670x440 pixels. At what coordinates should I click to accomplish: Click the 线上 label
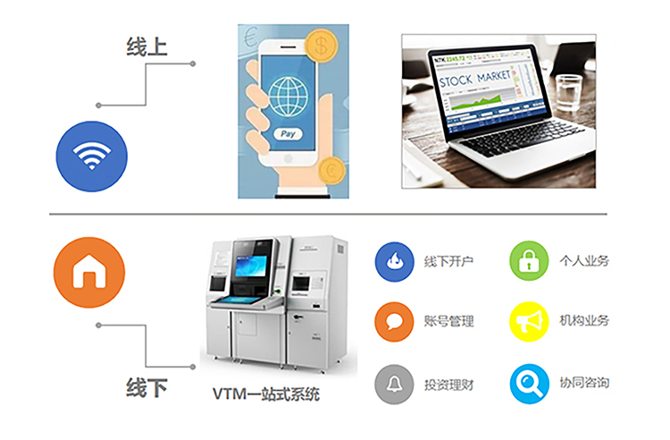click(x=147, y=47)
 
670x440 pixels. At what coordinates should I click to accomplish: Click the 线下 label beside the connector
click(x=147, y=389)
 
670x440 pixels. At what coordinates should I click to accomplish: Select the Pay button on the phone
click(x=287, y=133)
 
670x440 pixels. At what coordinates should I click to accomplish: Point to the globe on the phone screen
click(x=287, y=94)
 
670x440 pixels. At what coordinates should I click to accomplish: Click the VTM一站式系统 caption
click(x=265, y=393)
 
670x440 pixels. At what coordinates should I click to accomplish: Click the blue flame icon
click(x=394, y=261)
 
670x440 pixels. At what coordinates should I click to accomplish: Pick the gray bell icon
click(x=394, y=384)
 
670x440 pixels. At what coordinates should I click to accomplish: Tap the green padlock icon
click(x=529, y=261)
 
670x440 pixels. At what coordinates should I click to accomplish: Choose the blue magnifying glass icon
click(x=529, y=384)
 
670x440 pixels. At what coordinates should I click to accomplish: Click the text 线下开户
click(x=448, y=262)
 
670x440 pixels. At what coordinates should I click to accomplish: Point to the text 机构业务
click(x=584, y=321)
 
